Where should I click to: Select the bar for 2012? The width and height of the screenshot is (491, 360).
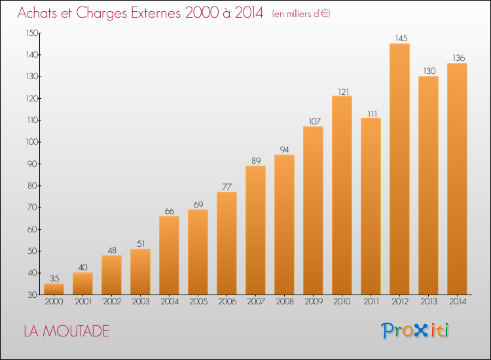pos(399,169)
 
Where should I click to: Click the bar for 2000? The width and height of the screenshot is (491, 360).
pos(54,289)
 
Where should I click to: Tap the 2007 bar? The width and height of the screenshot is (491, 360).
pos(255,230)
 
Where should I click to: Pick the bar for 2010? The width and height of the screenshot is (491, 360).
pos(342,195)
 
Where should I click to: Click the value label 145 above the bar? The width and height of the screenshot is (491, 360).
pos(401,38)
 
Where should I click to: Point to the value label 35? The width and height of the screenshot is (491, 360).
pos(54,278)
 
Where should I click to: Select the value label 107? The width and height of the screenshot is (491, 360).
pos(315,121)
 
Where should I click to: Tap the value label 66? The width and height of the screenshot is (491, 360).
pos(170,211)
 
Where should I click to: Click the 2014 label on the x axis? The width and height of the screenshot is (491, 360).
pos(458,302)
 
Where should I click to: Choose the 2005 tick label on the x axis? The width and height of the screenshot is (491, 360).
pos(198,302)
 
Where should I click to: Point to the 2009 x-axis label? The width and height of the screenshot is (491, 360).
pos(314,302)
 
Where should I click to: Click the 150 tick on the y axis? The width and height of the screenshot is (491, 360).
pos(32,33)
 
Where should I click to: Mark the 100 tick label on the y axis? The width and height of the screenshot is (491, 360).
pos(32,142)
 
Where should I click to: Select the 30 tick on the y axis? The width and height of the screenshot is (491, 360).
pos(33,295)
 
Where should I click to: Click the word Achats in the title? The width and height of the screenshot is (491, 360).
pos(37,12)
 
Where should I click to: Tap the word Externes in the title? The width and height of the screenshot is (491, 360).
pos(156,12)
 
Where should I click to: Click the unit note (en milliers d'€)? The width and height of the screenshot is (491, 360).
pos(301,14)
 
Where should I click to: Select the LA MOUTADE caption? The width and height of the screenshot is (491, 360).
pos(66,331)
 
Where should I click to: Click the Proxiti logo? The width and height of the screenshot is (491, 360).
pos(415,331)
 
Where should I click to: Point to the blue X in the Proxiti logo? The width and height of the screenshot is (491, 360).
pos(420,331)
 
